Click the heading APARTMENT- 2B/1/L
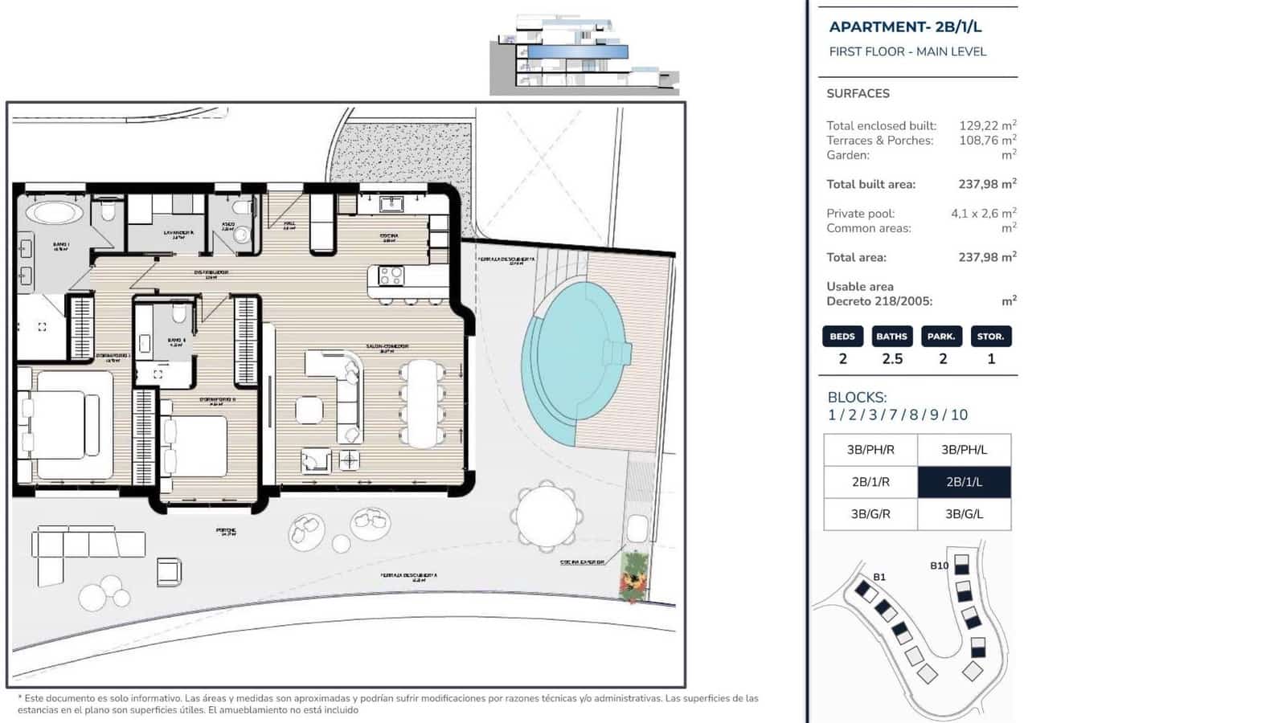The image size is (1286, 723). point(905,27)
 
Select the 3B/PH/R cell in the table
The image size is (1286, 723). point(870,450)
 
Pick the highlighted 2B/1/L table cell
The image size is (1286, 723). point(964,482)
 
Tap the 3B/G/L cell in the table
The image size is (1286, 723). point(964,514)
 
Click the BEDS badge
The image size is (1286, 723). point(842,336)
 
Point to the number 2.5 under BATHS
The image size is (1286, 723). point(892,359)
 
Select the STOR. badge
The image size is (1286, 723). point(990,336)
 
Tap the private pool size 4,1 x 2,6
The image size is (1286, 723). point(974,214)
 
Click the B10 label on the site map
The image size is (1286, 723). point(939,566)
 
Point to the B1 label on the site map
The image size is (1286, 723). point(879,577)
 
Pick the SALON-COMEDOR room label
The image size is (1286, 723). point(387,346)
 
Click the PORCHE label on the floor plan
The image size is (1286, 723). point(226,530)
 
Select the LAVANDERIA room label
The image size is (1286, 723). point(178,233)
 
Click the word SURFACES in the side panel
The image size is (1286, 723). point(858,93)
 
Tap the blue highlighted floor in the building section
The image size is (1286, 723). point(577,52)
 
